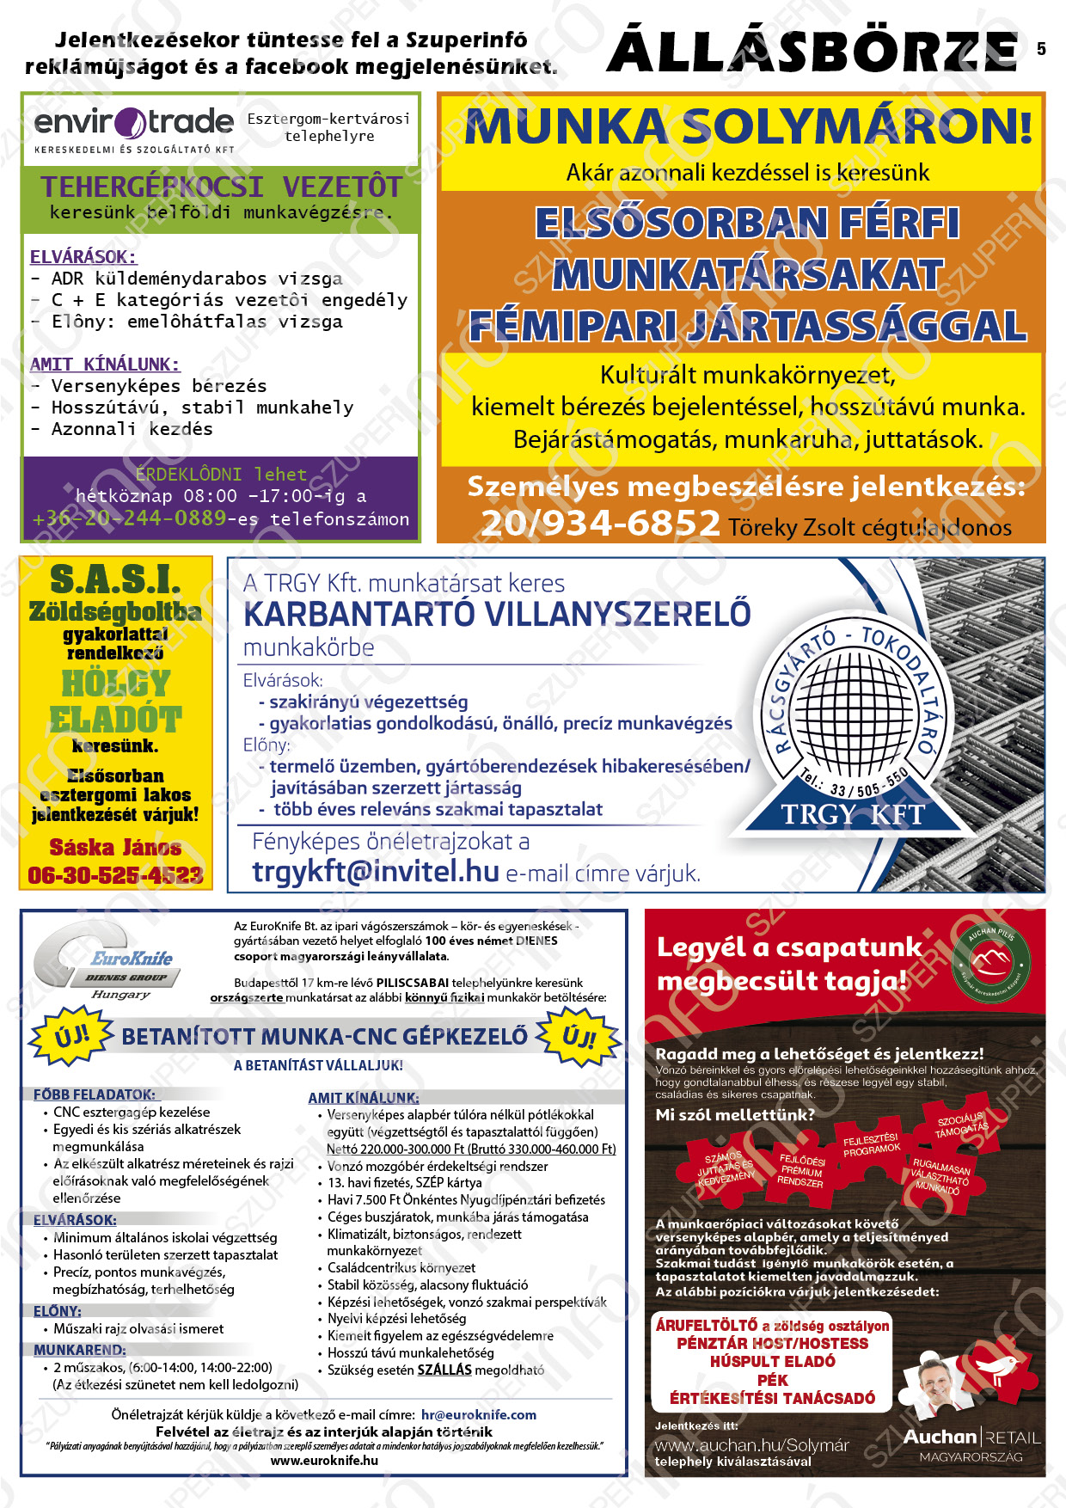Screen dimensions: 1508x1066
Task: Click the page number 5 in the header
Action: pos(1041,49)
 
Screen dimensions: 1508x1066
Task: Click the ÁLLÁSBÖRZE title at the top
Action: pos(812,51)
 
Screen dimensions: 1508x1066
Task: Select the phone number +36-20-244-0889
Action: pos(130,518)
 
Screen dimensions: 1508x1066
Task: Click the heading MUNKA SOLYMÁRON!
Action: pos(747,127)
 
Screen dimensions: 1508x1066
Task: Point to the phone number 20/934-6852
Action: pos(600,523)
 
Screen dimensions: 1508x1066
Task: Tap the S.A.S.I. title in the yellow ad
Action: pos(115,579)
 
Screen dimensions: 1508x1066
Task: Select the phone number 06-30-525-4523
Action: pos(115,875)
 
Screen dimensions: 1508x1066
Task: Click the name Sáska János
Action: pos(115,848)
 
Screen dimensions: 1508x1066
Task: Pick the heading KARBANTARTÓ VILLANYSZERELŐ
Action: pos(497,615)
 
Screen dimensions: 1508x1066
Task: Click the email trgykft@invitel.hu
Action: pos(376,872)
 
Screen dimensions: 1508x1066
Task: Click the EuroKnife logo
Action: pos(107,962)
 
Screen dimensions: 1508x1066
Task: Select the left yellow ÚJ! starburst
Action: pos(71,1035)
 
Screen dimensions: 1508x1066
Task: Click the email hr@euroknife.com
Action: pos(478,1414)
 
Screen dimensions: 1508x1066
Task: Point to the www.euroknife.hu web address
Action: pos(324,1460)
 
